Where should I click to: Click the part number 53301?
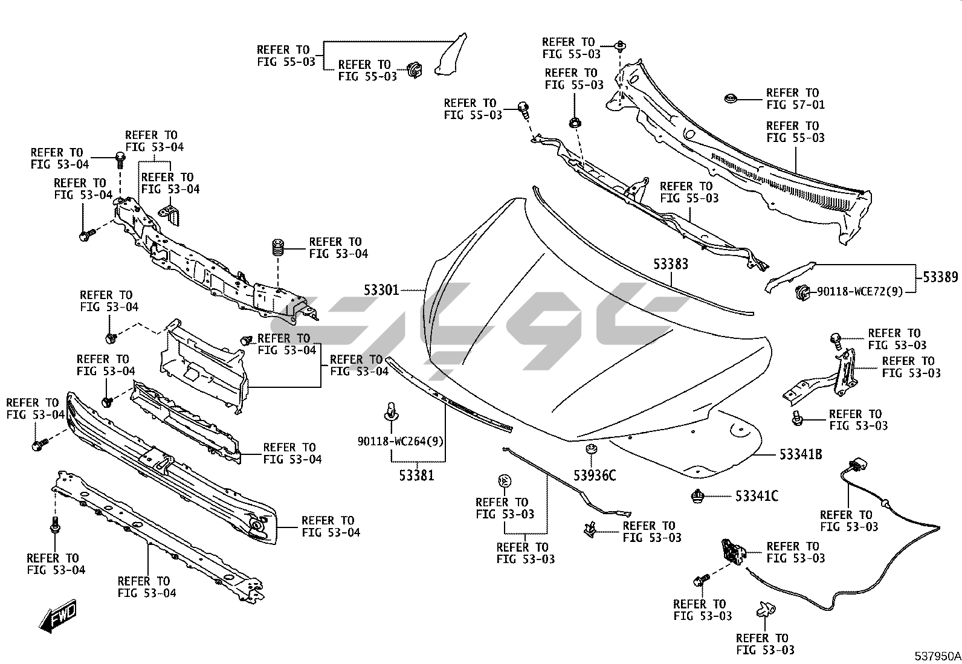click(x=381, y=290)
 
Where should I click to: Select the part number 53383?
click(x=670, y=264)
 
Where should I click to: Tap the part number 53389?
click(x=940, y=277)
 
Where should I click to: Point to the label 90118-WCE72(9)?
click(x=860, y=291)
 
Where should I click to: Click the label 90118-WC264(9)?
click(x=400, y=441)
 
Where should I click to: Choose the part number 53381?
click(x=416, y=475)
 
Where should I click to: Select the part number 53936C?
click(x=595, y=475)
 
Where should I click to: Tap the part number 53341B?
click(x=800, y=454)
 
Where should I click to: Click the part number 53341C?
click(x=757, y=496)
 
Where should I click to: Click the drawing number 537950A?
click(x=937, y=656)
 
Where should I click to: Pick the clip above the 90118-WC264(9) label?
click(x=390, y=411)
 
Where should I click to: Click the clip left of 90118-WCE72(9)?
click(x=802, y=292)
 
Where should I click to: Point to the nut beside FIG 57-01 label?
click(x=731, y=98)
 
